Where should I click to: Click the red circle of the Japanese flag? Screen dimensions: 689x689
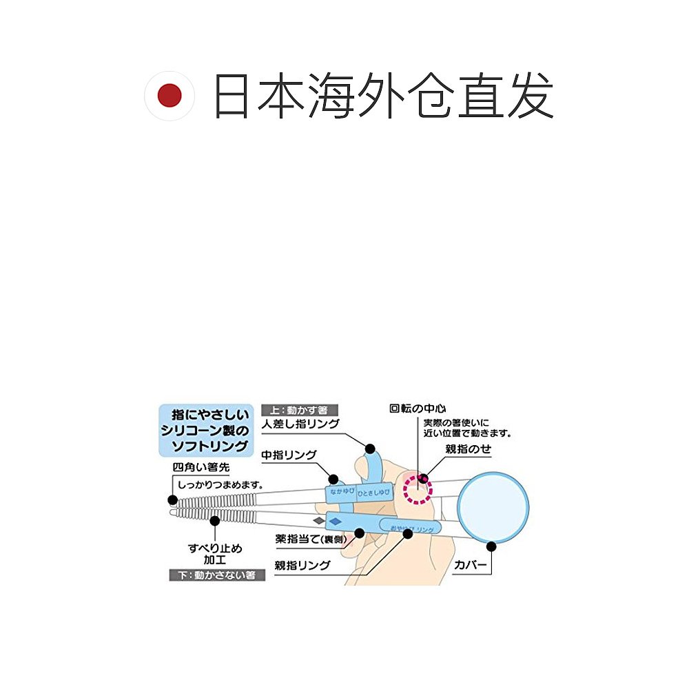point(169,96)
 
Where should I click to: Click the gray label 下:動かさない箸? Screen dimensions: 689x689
point(217,574)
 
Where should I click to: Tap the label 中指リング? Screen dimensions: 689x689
point(289,455)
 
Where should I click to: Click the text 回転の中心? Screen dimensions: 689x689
point(418,408)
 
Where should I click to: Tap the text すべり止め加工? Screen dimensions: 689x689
point(214,554)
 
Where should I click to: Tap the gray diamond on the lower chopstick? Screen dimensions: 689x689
point(318,520)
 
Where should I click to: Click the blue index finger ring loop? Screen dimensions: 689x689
point(372,464)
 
